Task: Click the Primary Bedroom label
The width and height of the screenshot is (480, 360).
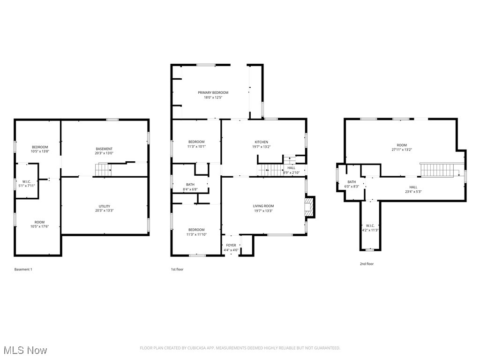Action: [213, 93]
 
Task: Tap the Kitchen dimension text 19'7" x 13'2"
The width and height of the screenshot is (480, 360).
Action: [261, 147]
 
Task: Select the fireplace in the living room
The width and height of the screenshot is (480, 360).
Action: [309, 207]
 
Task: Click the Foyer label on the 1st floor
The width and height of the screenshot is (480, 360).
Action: [231, 245]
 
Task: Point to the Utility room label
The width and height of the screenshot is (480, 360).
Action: [105, 206]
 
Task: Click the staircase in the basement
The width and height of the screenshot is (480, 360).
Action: [103, 170]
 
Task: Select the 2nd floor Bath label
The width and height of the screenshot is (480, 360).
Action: [352, 182]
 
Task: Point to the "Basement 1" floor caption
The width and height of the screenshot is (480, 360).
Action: [23, 270]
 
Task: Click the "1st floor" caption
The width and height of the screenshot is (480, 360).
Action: [177, 270]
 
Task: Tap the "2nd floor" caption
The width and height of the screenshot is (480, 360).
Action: [367, 264]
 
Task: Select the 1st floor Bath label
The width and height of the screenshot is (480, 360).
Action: [190, 184]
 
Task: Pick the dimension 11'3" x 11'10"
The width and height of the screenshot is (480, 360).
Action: [196, 221]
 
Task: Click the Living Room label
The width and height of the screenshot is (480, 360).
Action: [263, 206]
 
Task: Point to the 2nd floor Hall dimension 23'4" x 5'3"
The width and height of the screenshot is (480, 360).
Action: [413, 192]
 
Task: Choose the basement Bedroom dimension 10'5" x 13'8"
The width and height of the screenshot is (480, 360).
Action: [39, 152]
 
